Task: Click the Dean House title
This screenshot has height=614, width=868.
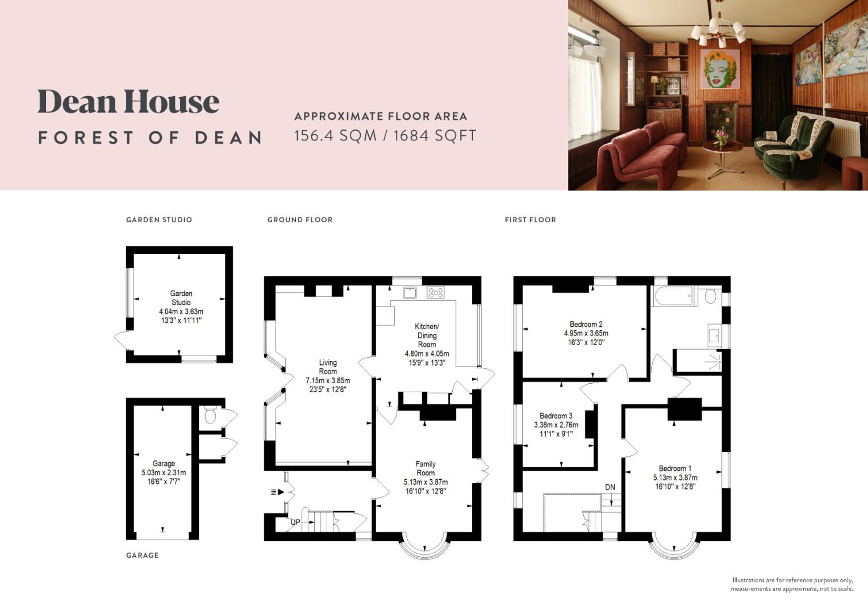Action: tap(128, 102)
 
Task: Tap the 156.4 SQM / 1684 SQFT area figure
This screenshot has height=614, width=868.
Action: tap(385, 136)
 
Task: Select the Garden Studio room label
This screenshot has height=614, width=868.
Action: tap(181, 298)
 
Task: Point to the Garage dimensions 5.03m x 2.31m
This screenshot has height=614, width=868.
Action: tap(164, 472)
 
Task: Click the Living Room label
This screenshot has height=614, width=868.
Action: tap(328, 367)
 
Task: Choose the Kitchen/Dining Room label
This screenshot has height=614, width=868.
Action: tap(427, 335)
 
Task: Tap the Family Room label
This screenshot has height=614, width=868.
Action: tap(425, 468)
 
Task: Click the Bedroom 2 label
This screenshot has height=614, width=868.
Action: tap(586, 325)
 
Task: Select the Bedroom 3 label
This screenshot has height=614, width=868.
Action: tap(556, 416)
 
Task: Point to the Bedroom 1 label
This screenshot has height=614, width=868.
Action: tap(675, 468)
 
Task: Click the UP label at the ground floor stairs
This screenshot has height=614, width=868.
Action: tap(295, 522)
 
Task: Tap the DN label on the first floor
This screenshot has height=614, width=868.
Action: tap(610, 487)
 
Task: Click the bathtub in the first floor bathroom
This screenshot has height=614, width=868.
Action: tap(673, 296)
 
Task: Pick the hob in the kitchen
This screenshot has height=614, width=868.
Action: tap(436, 293)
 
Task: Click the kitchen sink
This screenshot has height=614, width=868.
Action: tap(410, 293)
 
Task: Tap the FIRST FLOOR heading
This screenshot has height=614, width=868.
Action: tap(530, 219)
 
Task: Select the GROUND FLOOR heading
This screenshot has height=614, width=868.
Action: tap(300, 219)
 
